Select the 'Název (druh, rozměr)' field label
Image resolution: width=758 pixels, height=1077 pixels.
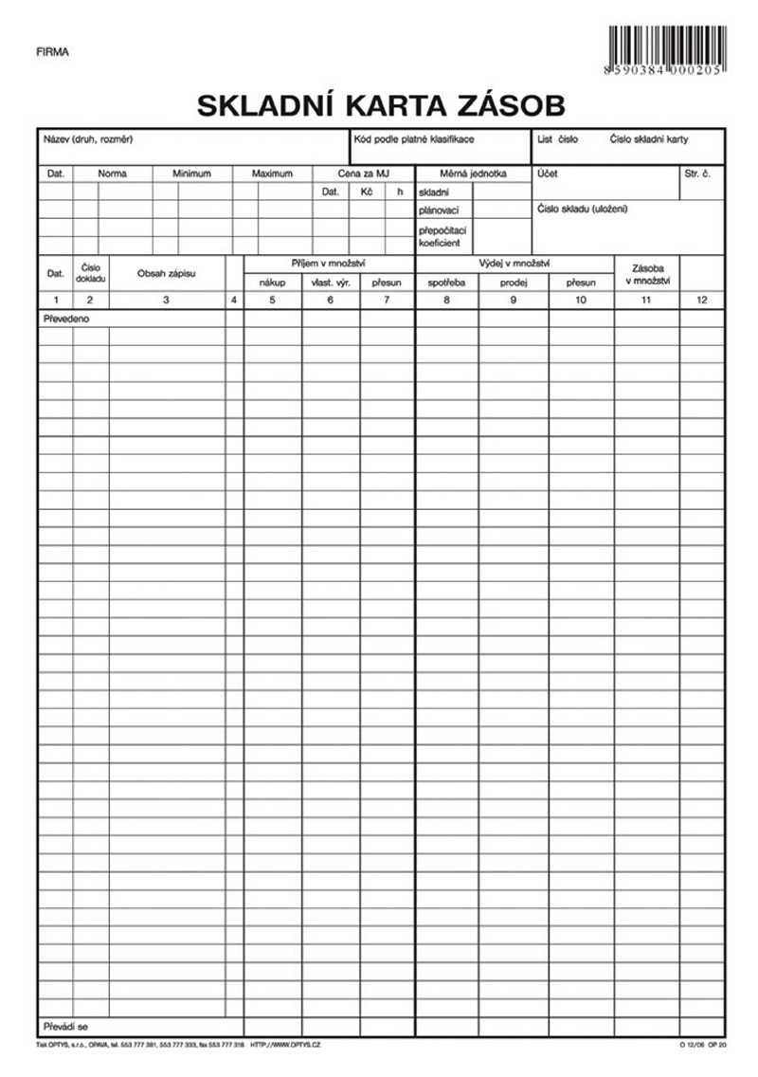(x=87, y=139)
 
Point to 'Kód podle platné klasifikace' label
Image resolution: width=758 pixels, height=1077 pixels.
(x=413, y=139)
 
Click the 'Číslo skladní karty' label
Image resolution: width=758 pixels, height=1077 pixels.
(x=649, y=139)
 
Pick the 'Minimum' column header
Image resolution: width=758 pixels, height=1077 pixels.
(x=191, y=174)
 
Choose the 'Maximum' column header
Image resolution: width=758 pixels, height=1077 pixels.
(x=272, y=174)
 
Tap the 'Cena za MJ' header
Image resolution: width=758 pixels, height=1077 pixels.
(x=363, y=174)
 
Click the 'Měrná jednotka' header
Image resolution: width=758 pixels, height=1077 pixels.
(x=473, y=174)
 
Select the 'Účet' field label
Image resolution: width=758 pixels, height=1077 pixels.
(x=548, y=174)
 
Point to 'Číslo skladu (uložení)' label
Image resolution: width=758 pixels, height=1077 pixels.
(x=582, y=209)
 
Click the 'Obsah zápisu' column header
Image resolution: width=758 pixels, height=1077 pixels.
(x=166, y=273)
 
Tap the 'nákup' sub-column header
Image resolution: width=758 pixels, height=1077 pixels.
(x=272, y=283)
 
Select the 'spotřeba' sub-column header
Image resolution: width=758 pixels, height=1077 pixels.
(x=446, y=283)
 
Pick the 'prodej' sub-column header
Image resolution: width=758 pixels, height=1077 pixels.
(x=513, y=283)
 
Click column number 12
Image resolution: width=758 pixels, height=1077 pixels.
(x=701, y=301)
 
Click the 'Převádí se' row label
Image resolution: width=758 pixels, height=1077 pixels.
(x=65, y=1026)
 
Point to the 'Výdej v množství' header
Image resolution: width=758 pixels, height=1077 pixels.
(x=514, y=264)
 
